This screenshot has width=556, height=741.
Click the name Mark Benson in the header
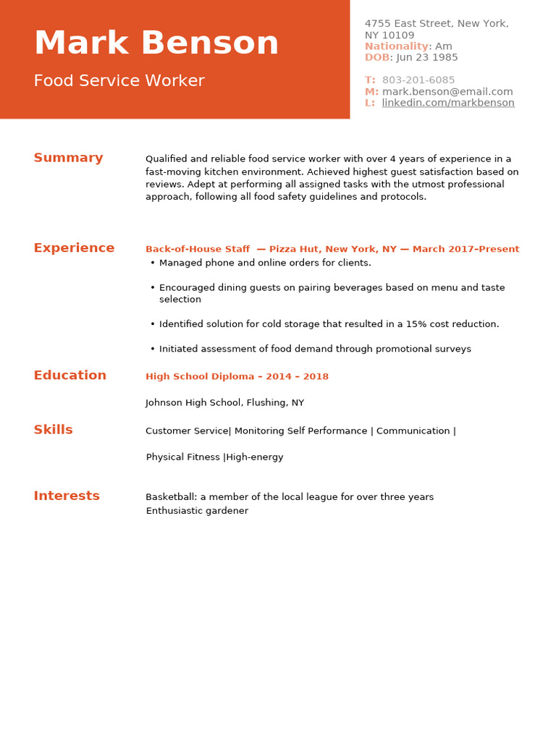(x=156, y=43)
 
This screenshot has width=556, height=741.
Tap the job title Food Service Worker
(x=119, y=81)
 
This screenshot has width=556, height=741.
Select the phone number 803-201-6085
(x=418, y=80)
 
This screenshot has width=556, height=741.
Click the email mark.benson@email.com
(x=447, y=92)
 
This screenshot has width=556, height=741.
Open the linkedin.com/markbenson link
(x=448, y=103)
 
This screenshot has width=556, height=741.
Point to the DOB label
(x=376, y=58)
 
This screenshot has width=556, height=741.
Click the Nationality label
(x=396, y=46)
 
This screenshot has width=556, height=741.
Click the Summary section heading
(x=68, y=158)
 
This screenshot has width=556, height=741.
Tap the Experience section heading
(x=74, y=248)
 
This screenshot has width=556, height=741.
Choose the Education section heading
(x=69, y=375)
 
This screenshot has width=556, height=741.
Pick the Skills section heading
(x=53, y=430)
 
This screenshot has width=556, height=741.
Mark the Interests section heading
(x=67, y=496)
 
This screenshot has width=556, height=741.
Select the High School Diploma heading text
(x=200, y=376)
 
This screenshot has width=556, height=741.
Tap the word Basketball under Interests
(x=171, y=497)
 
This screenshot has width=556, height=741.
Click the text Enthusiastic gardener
(x=197, y=511)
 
